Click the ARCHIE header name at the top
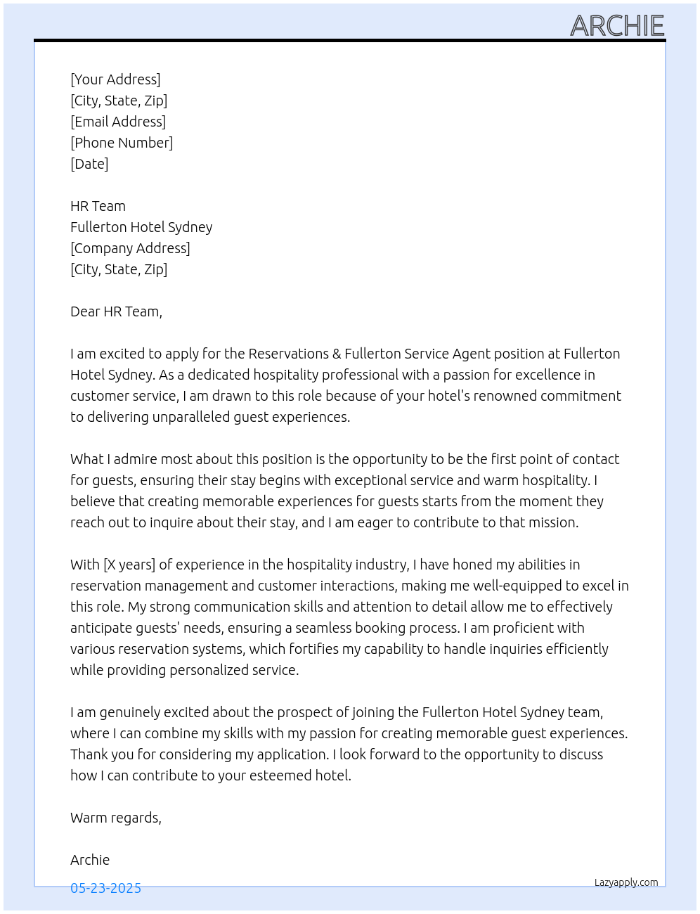coord(617,26)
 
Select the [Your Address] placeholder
coord(115,79)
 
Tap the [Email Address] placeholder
coord(118,122)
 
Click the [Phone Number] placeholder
coord(122,143)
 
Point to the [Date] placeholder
coord(89,164)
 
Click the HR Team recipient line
coord(98,206)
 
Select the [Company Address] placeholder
coord(130,248)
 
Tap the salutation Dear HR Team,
coord(116,311)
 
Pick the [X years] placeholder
coord(129,565)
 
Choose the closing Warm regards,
coord(116,818)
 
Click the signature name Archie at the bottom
coord(90,860)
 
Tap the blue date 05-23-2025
coord(105,889)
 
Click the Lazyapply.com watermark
coord(626,882)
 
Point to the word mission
coord(552,522)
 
